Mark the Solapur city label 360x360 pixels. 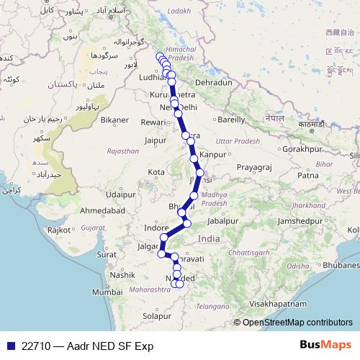pos(158,315)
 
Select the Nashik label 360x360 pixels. pos(123,274)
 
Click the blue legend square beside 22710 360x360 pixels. pos(10,346)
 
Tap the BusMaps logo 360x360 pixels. pos(325,345)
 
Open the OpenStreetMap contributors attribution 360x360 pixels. pos(297,323)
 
